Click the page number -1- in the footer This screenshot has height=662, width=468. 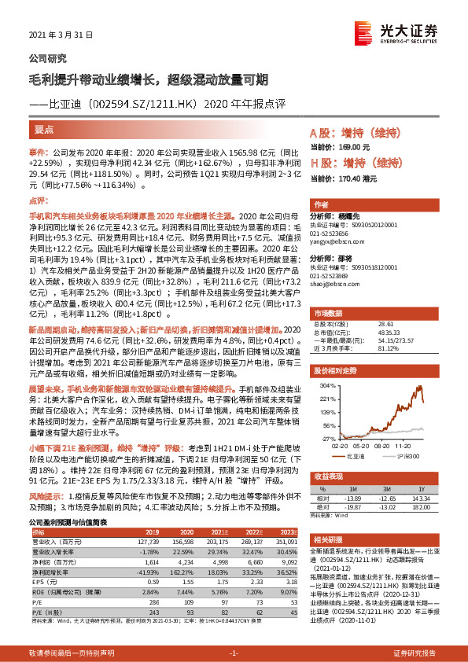click(234, 653)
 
